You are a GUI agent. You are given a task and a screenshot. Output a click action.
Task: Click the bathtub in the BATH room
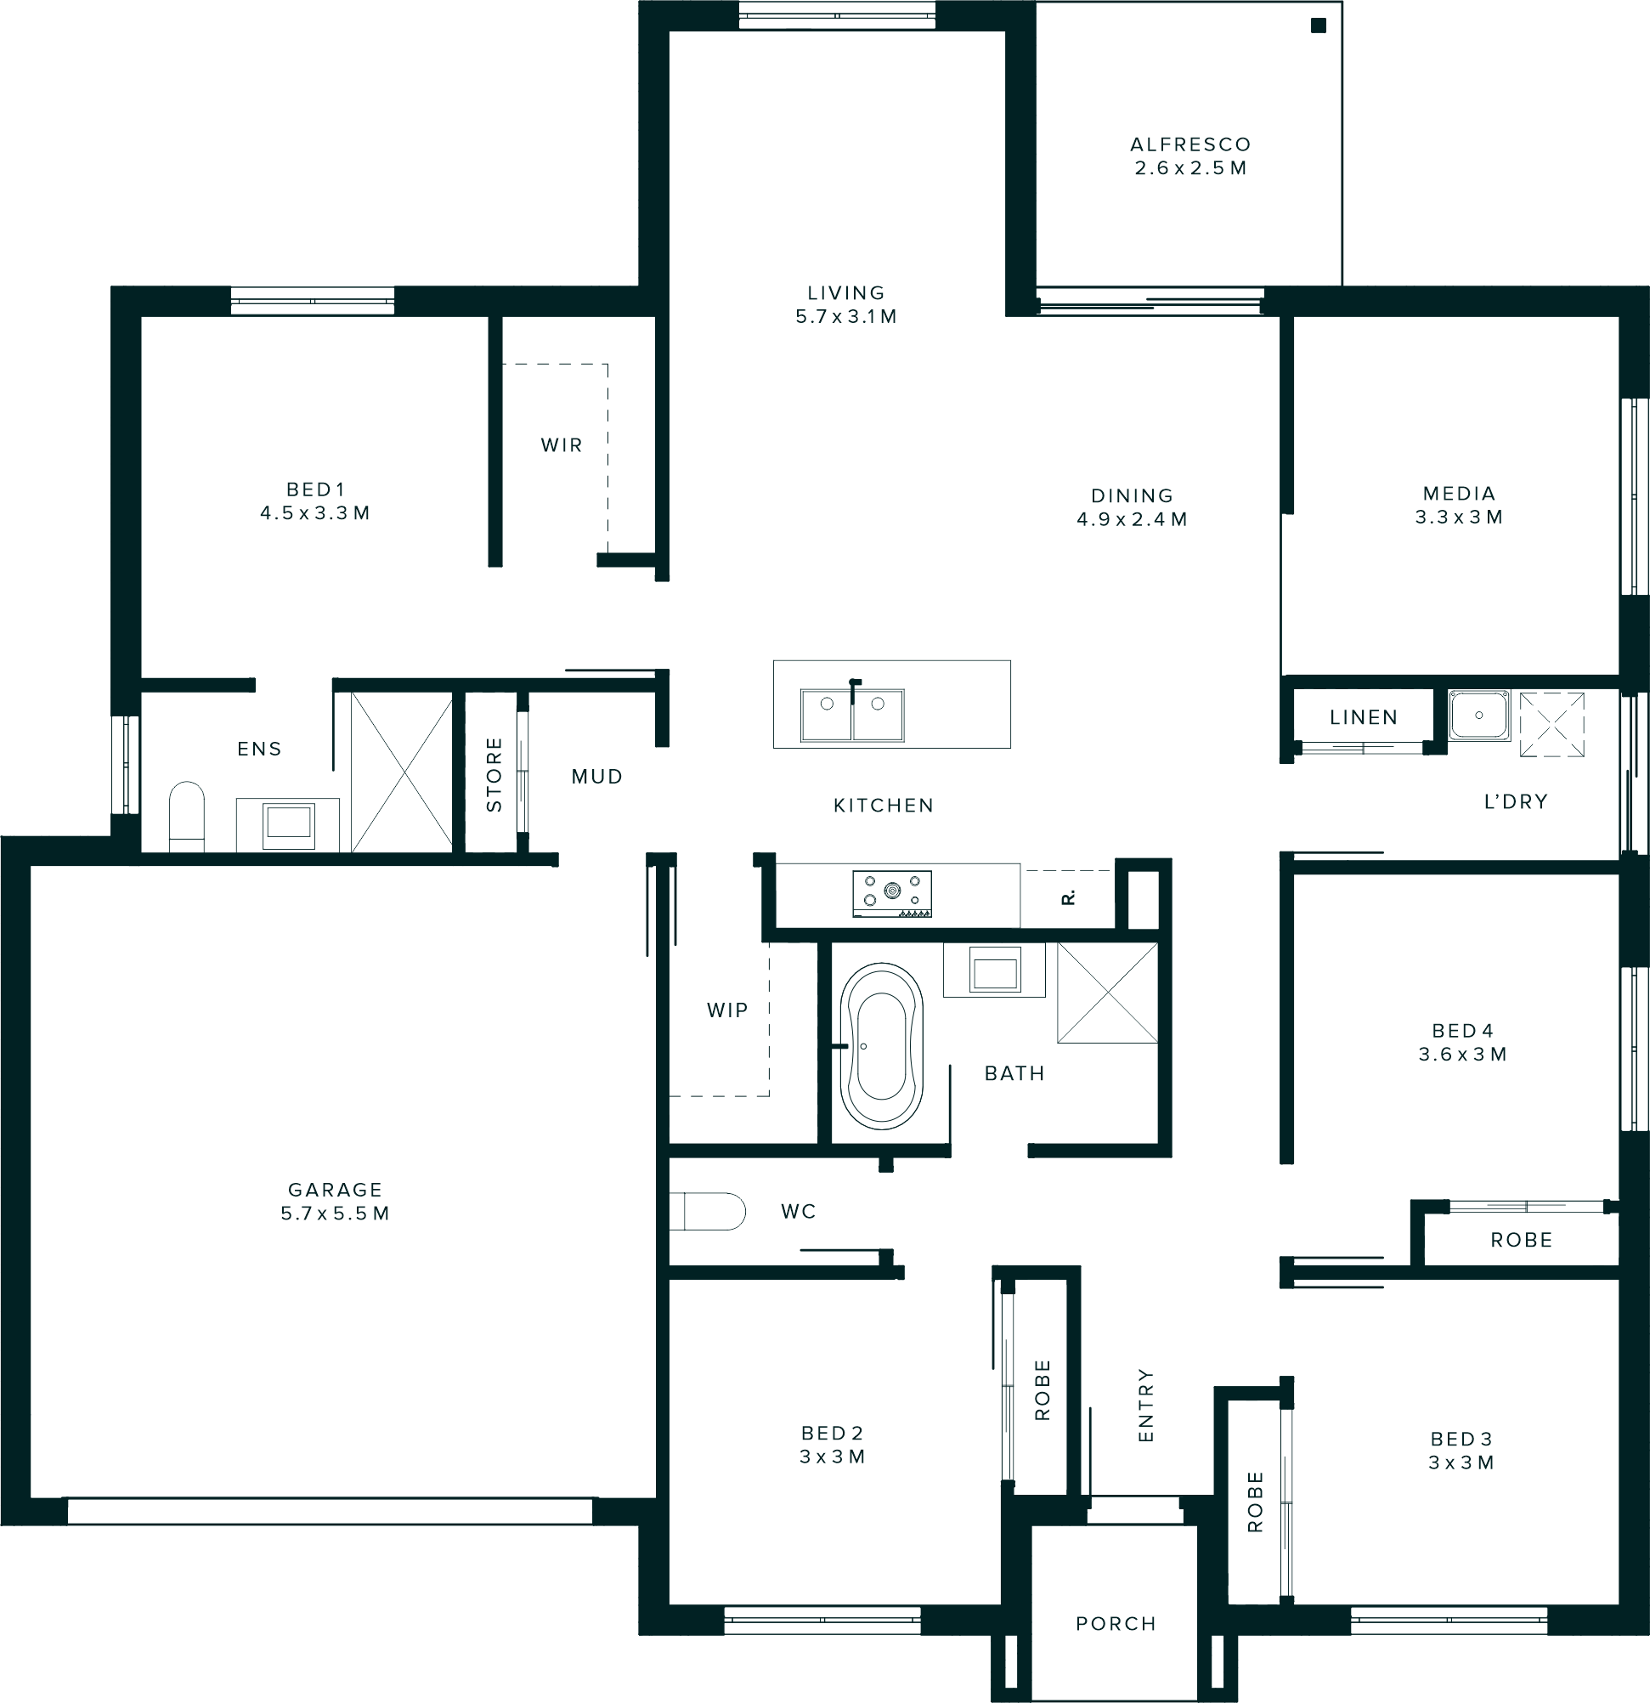(881, 1046)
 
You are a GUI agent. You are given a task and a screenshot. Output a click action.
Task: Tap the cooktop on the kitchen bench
(892, 893)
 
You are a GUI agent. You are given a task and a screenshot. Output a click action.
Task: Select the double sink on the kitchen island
(852, 714)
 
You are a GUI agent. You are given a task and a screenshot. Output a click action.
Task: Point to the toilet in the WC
(708, 1211)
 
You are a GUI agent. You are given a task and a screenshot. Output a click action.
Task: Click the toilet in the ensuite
(186, 817)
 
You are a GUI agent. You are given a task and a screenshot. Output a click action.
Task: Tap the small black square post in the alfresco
(1318, 26)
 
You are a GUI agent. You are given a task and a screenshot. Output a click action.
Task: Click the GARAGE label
(336, 1190)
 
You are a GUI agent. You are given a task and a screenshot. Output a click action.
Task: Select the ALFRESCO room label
(1190, 144)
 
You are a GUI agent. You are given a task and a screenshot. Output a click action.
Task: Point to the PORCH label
(1116, 1624)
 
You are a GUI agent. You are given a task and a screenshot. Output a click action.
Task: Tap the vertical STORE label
(494, 774)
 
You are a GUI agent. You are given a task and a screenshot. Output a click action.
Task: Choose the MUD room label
(597, 777)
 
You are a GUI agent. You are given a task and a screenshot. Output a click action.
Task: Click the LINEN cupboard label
(1364, 718)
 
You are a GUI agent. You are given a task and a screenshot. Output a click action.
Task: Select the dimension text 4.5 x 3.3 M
(315, 513)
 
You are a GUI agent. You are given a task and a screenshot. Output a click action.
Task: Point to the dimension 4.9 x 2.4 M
(1133, 519)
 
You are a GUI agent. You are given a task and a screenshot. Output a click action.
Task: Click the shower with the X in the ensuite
(401, 772)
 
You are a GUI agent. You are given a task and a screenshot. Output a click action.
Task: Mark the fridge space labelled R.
(1068, 897)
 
